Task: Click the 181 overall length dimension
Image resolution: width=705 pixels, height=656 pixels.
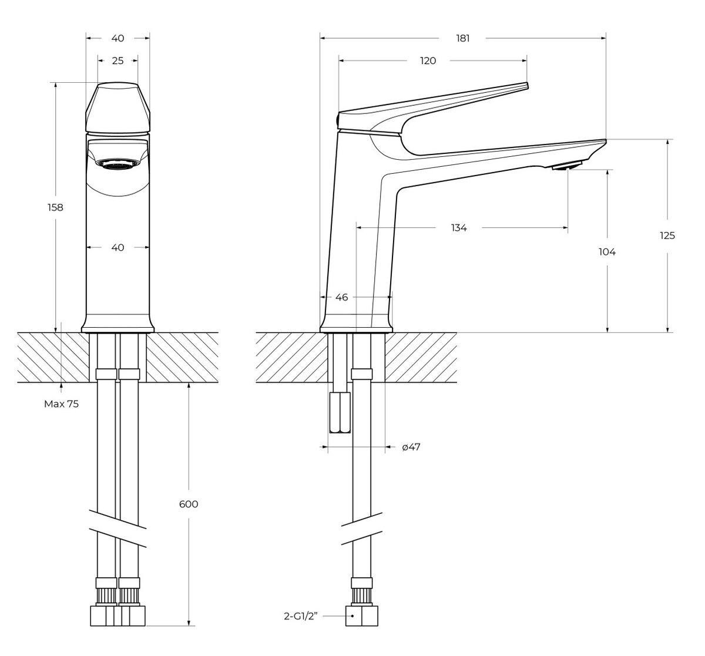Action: coord(462,38)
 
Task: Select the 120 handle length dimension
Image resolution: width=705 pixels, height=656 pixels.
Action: coord(428,60)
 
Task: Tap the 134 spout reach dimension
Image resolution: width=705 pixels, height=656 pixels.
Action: coord(459,227)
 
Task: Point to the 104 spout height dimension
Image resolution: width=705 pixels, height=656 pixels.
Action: coord(607,252)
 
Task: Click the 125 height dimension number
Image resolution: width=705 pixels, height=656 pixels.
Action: coord(667,236)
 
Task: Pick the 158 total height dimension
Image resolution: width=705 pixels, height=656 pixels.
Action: coord(55,207)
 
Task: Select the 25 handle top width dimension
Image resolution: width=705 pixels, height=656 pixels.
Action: coord(118,60)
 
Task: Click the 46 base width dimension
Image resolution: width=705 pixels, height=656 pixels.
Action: coord(341,297)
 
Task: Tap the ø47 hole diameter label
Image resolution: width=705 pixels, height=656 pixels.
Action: coord(411,447)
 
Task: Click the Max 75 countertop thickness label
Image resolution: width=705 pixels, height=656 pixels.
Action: coord(62,404)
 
